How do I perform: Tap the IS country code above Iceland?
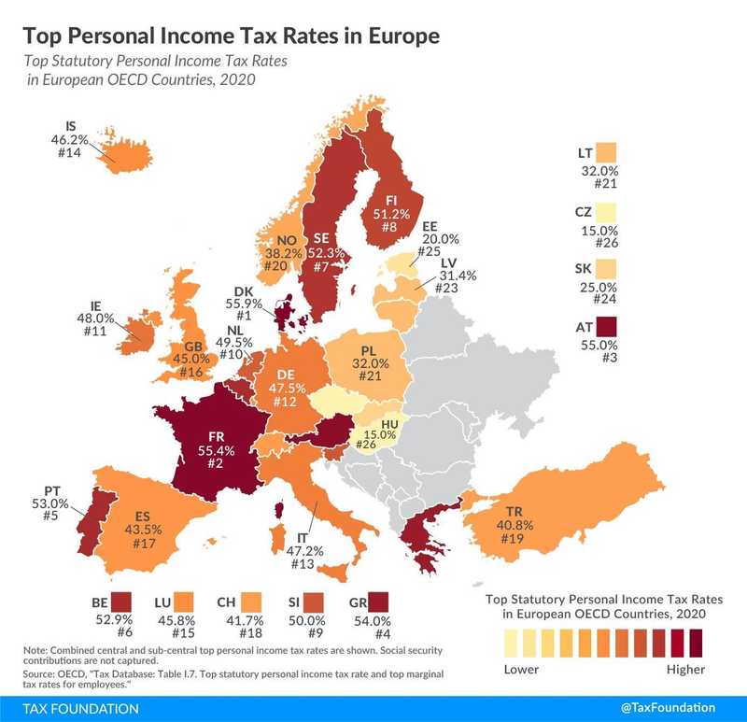[71, 124]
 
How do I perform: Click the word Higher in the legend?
[686, 669]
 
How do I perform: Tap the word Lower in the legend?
[521, 669]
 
